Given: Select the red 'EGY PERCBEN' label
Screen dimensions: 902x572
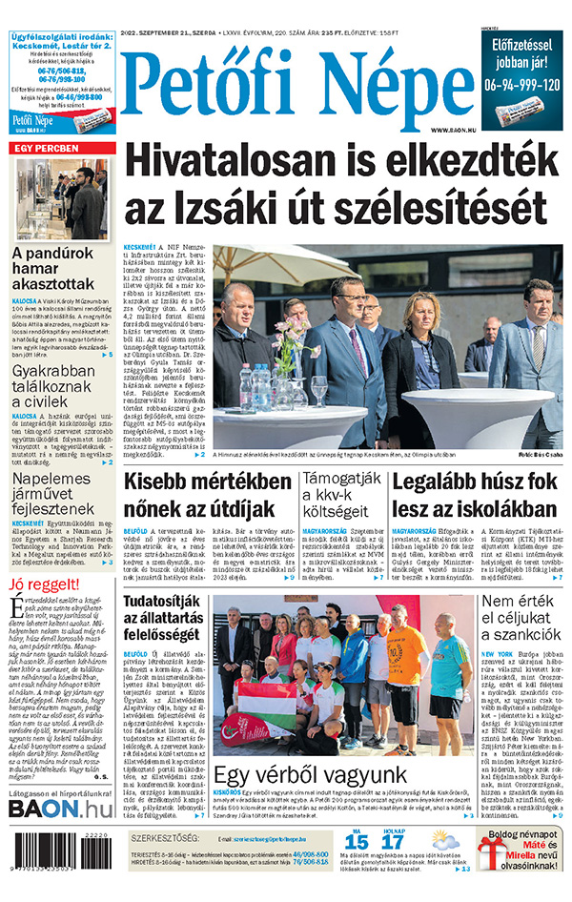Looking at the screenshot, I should [x=51, y=149].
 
